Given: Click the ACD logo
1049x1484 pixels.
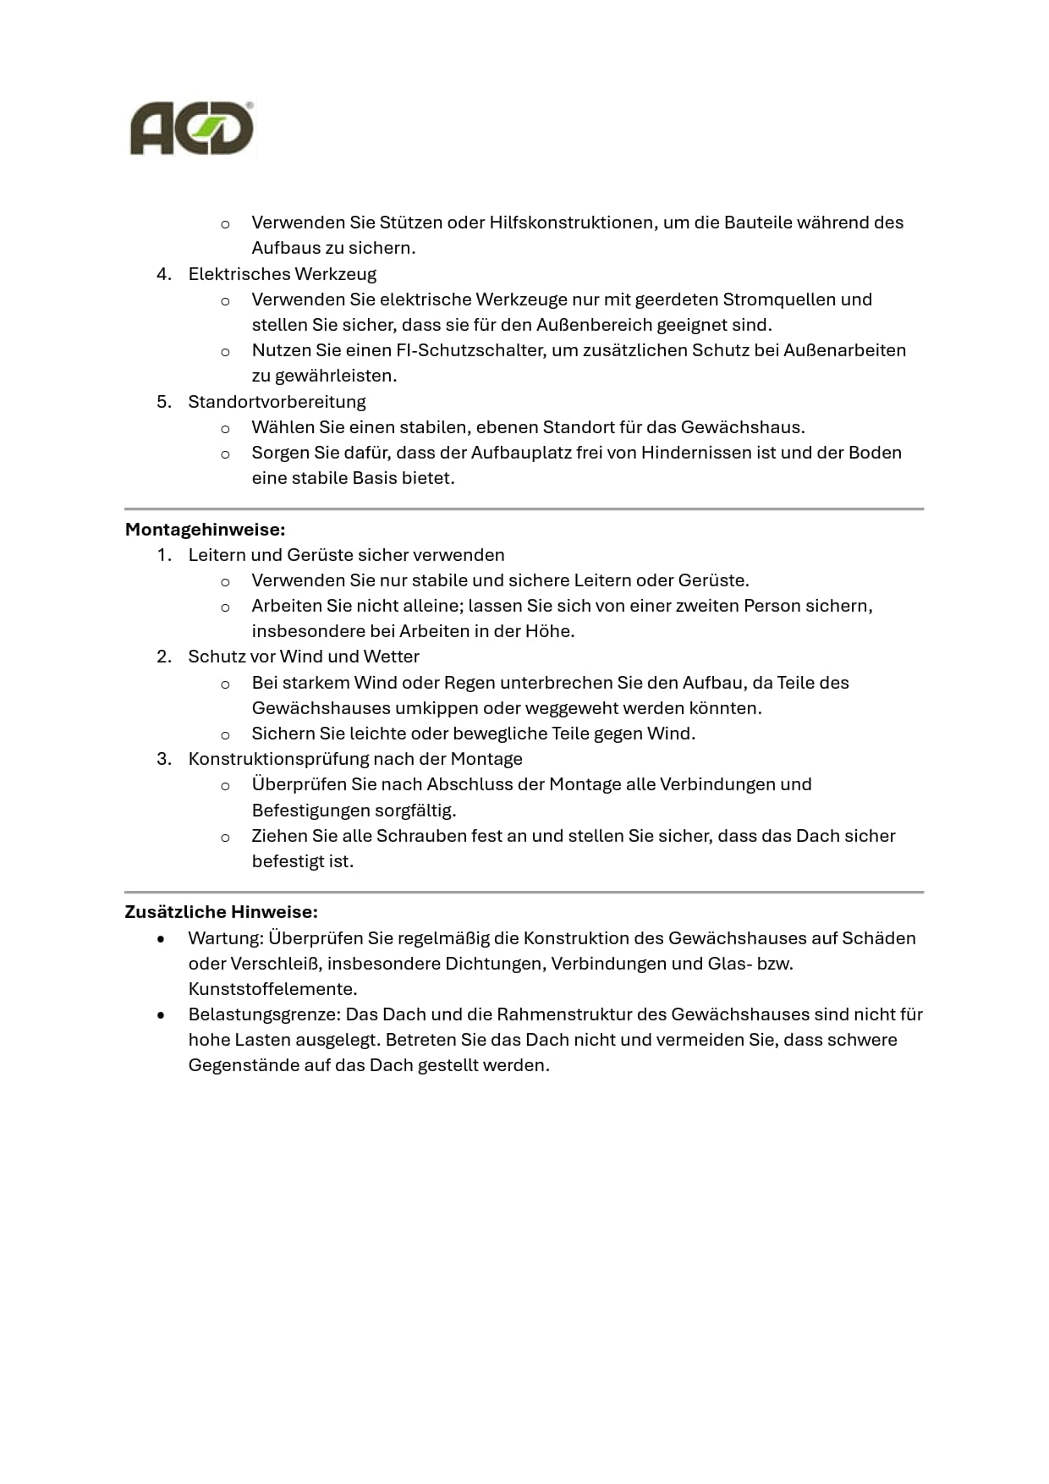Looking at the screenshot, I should coord(191,129).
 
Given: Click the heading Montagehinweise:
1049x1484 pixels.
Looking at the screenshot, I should coord(205,530).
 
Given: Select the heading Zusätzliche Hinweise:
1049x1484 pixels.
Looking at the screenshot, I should coord(221,912).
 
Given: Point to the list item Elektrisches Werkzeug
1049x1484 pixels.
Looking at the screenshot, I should coord(282,274).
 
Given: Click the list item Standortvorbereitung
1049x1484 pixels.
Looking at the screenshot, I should coord(277,402).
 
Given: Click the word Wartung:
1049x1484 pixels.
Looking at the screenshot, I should coord(226,938).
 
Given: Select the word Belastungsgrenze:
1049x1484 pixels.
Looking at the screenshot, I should coord(265,1014).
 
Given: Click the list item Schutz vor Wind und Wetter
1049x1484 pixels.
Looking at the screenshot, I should coord(304,657).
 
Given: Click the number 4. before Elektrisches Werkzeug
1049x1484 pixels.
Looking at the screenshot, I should coord(164,274).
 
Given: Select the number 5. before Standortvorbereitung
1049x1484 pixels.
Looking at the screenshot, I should coord(164,402).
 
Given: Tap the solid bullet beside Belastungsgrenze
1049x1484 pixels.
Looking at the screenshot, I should coord(161,1015).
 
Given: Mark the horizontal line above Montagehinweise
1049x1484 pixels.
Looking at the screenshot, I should coord(524,509).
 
